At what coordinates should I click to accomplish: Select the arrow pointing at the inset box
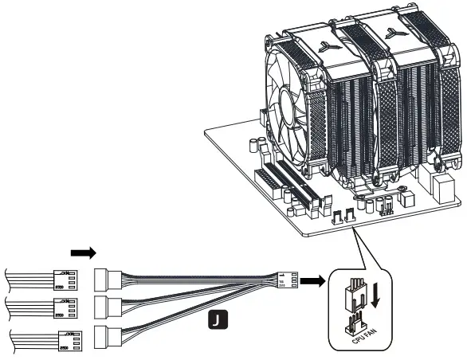[314, 281]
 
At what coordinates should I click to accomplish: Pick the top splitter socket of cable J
[106, 280]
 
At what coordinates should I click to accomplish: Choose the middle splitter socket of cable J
[106, 307]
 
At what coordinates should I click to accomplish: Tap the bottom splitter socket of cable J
[106, 336]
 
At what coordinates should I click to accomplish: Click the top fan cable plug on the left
[61, 280]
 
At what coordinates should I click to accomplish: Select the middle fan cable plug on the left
[61, 307]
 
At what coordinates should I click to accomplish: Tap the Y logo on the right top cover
[391, 33]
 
